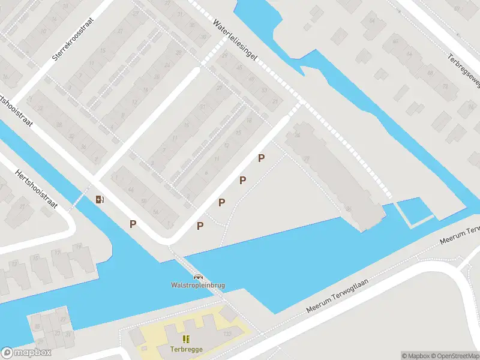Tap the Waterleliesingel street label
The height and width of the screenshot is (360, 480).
pos(236,39)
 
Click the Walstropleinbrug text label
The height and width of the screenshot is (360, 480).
pos(197,285)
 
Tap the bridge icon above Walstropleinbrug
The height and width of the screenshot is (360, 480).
pos(197,277)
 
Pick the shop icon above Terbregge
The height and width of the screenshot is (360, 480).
pos(185,339)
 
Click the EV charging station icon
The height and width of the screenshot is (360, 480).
pos(100,199)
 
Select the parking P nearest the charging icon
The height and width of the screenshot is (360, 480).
pos(133,224)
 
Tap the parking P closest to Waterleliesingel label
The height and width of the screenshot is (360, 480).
pos(261,158)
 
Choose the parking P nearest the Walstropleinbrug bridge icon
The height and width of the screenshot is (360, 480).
pos(200,226)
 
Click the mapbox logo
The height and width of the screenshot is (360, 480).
pos(26,353)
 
